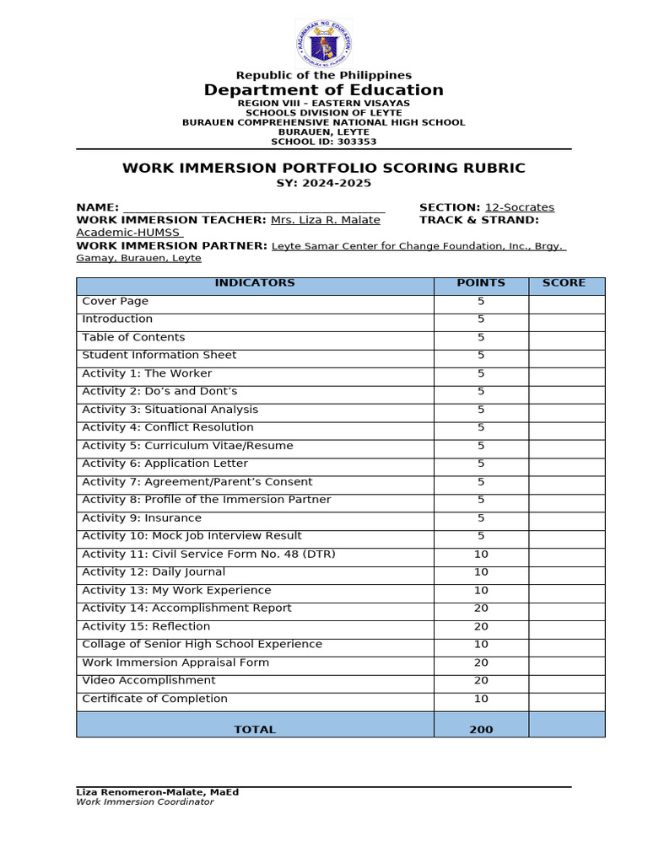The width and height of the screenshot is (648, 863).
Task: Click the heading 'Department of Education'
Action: [x=324, y=90]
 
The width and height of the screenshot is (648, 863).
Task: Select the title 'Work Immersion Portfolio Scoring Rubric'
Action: [x=324, y=168]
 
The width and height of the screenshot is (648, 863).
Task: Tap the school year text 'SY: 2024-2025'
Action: [x=324, y=183]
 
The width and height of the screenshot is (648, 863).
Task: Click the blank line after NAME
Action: [x=254, y=207]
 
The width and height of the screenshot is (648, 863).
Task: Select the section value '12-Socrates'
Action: [x=519, y=207]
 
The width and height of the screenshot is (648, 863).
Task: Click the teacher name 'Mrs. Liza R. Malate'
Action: [x=325, y=220]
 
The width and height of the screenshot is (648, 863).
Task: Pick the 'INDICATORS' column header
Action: [x=255, y=283]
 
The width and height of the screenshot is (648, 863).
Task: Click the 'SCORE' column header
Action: [x=564, y=283]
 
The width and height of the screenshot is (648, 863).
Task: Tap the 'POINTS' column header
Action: [x=481, y=283]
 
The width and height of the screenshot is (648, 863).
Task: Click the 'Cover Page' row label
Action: [x=115, y=301]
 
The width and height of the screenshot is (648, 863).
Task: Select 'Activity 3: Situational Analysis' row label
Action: [x=170, y=410]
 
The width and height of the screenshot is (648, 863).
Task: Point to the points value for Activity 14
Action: [x=481, y=608]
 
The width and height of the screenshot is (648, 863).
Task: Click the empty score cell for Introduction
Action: [x=566, y=319]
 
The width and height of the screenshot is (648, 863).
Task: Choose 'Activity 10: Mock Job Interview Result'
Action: [x=192, y=536]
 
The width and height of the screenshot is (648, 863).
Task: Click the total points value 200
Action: [x=481, y=729]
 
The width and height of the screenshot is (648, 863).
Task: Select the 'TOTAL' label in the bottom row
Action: [x=255, y=729]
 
